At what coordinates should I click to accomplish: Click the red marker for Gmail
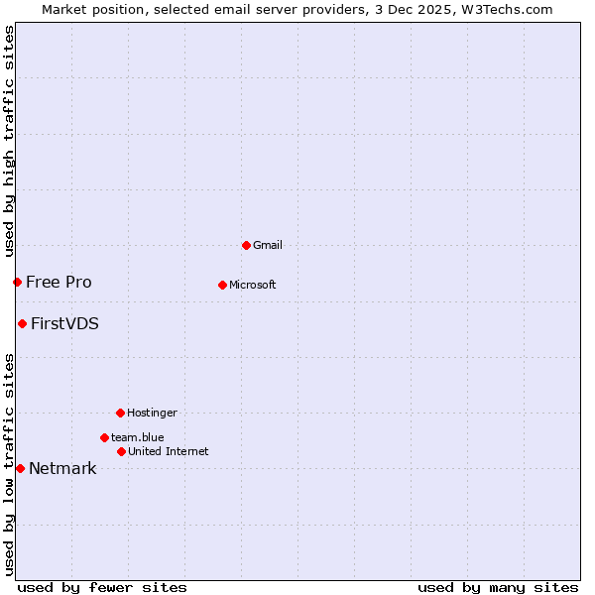[x=246, y=245]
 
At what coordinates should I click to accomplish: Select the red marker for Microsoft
[x=222, y=285]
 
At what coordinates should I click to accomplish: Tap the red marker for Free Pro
[x=17, y=282]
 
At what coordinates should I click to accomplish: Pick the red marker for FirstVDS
[x=22, y=323]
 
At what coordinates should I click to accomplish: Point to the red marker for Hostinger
[x=120, y=413]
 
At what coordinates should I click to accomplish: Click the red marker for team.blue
[x=104, y=437]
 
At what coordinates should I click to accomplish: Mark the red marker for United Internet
[x=121, y=451]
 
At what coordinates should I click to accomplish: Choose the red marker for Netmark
[x=20, y=468]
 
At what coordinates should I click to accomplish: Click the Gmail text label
[x=268, y=246]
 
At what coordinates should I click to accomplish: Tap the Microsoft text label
[x=252, y=286]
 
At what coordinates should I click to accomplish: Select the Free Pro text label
[x=59, y=283]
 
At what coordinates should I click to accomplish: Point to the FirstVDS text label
[x=64, y=324]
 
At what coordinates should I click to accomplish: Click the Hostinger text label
[x=152, y=414]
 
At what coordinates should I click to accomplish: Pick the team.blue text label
[x=137, y=438]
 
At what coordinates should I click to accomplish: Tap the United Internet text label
[x=168, y=452]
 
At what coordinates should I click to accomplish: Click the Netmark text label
[x=62, y=469]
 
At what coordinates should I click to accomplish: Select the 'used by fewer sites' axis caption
[x=102, y=587]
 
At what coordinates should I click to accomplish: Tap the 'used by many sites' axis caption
[x=498, y=587]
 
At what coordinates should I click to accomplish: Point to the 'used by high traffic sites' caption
[x=9, y=141]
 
